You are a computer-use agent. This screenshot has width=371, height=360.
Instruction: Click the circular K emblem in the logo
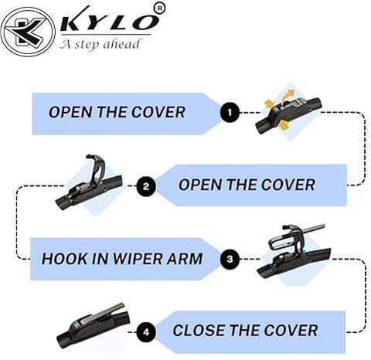(28, 32)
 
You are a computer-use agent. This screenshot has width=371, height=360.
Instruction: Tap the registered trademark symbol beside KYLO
(160, 8)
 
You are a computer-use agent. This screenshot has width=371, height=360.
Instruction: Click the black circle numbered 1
(230, 112)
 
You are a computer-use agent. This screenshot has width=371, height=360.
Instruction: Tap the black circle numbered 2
(146, 186)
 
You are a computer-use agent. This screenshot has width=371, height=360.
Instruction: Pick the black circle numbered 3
(230, 259)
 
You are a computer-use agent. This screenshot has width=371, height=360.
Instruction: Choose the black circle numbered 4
(146, 332)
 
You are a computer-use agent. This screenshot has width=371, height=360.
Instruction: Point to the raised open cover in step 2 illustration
(95, 168)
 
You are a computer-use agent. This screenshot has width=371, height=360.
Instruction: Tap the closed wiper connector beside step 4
(93, 325)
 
